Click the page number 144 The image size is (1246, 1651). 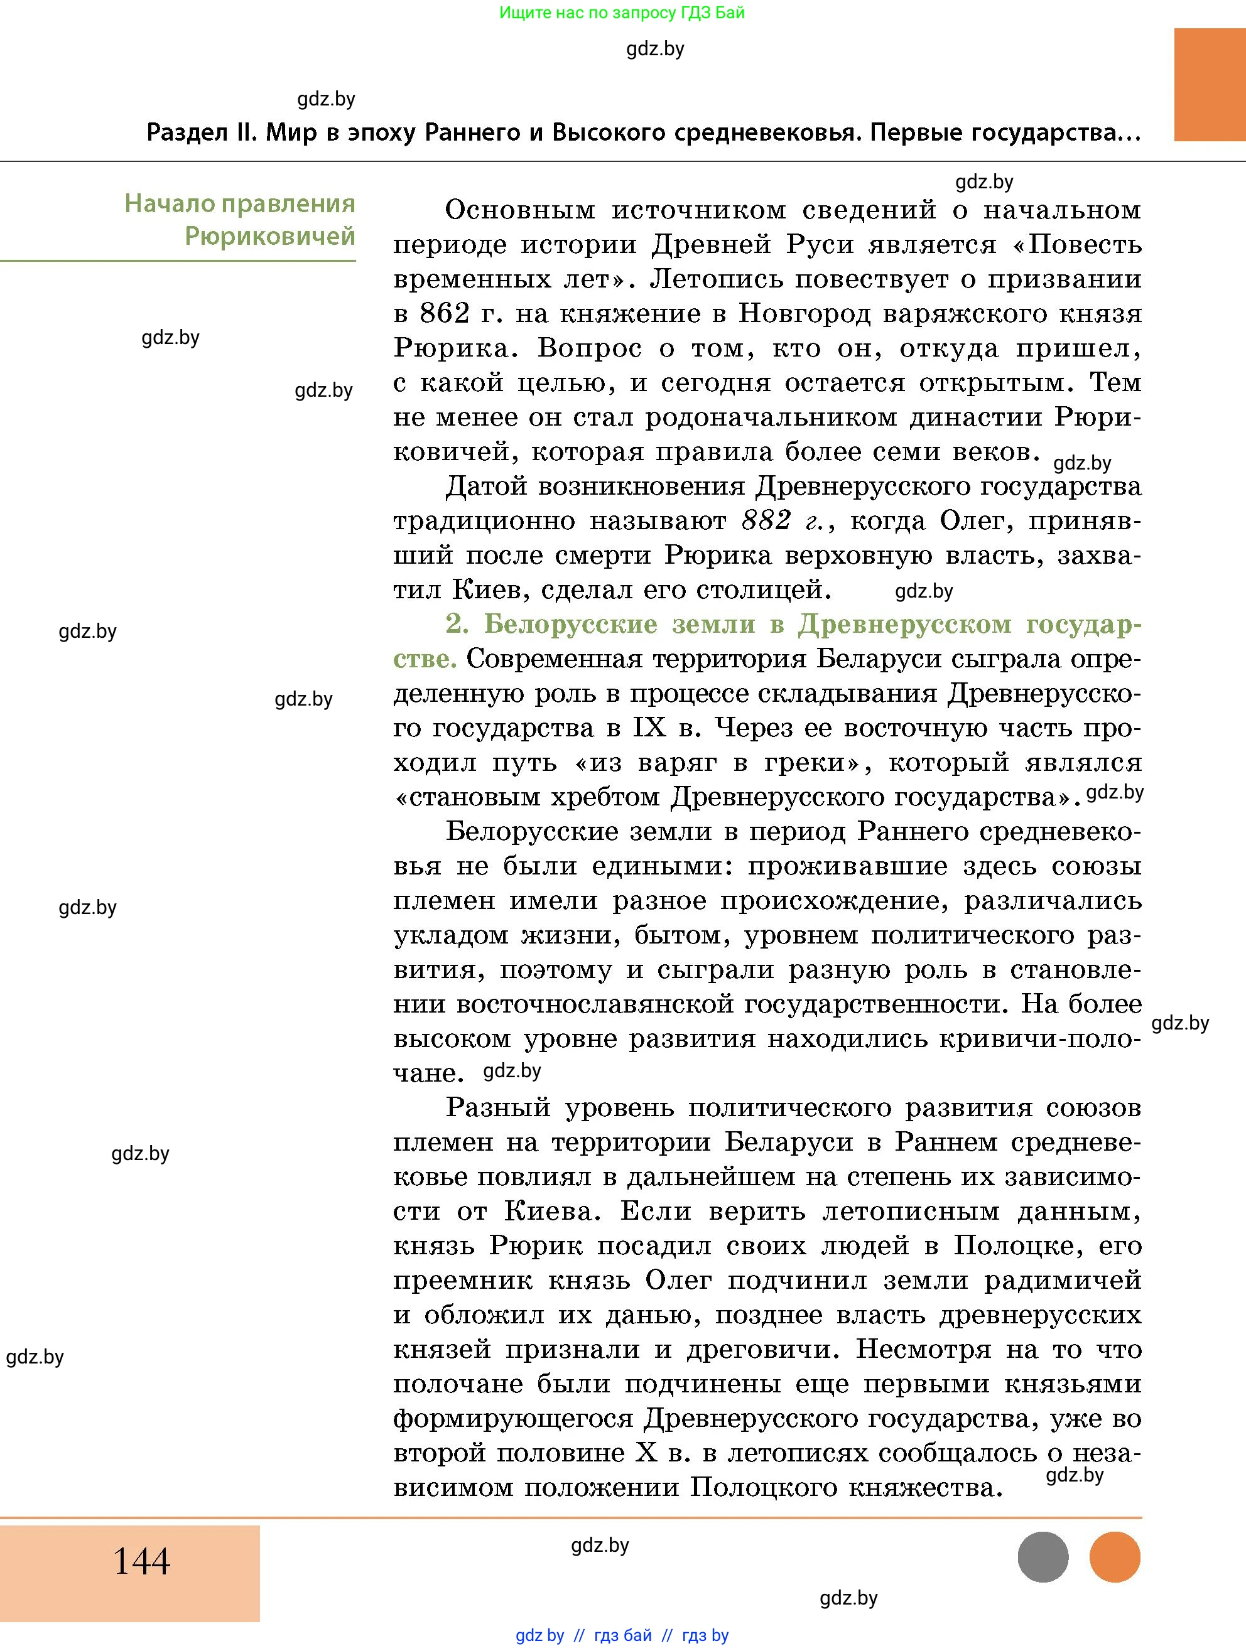[142, 1561]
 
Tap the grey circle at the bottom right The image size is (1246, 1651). [1043, 1557]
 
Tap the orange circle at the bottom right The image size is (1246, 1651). [1115, 1557]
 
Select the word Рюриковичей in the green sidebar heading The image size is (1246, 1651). [269, 237]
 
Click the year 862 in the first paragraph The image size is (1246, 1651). [444, 313]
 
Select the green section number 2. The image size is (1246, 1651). [456, 623]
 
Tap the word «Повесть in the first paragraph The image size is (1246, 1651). [1075, 245]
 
